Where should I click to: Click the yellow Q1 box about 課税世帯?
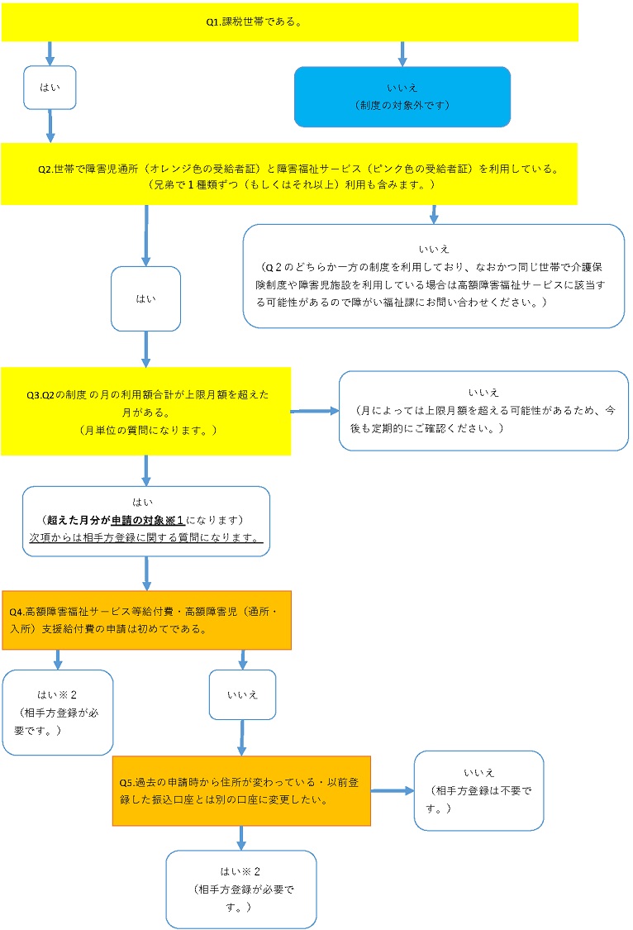(x=289, y=21)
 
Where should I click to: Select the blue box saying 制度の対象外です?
(x=402, y=96)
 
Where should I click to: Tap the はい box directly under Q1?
(x=50, y=87)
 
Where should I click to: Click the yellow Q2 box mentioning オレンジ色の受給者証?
(x=288, y=174)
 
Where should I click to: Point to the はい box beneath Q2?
(x=145, y=298)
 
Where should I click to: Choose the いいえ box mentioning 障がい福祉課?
(x=434, y=276)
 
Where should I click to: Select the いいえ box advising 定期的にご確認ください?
(x=483, y=411)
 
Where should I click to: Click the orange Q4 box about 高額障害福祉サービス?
(x=146, y=620)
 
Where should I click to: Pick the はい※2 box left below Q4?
(x=58, y=712)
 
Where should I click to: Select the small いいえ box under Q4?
(x=242, y=694)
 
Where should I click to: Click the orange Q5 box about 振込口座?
(x=241, y=790)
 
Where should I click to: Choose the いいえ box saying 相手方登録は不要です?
(x=478, y=789)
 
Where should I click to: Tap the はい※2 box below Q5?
(x=241, y=889)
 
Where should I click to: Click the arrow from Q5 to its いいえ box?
(x=392, y=790)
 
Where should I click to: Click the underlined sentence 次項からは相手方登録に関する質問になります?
(x=145, y=537)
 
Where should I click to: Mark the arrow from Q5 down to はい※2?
(x=241, y=837)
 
